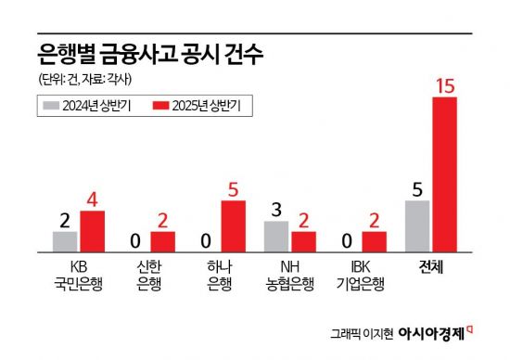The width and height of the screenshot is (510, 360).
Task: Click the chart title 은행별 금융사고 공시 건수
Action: [149, 53]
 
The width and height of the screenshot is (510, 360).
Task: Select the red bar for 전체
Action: [445, 174]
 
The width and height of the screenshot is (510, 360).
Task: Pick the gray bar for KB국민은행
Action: [65, 241]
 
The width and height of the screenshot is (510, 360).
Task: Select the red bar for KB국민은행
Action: [93, 231]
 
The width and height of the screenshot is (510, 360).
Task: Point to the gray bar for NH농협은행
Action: [276, 237]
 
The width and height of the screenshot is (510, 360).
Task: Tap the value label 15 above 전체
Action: [445, 86]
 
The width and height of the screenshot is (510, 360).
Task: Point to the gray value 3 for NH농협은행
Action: [276, 210]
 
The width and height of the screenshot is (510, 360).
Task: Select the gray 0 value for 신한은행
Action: [135, 241]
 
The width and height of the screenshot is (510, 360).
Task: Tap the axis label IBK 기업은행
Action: [360, 276]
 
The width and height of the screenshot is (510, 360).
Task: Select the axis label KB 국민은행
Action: [79, 276]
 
